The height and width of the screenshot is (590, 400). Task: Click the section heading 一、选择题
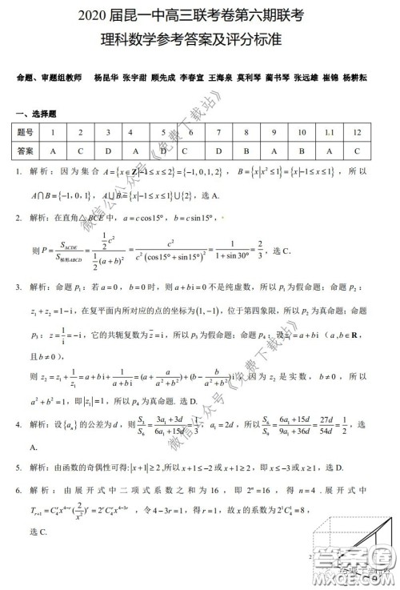pyautogui.click(x=34, y=113)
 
